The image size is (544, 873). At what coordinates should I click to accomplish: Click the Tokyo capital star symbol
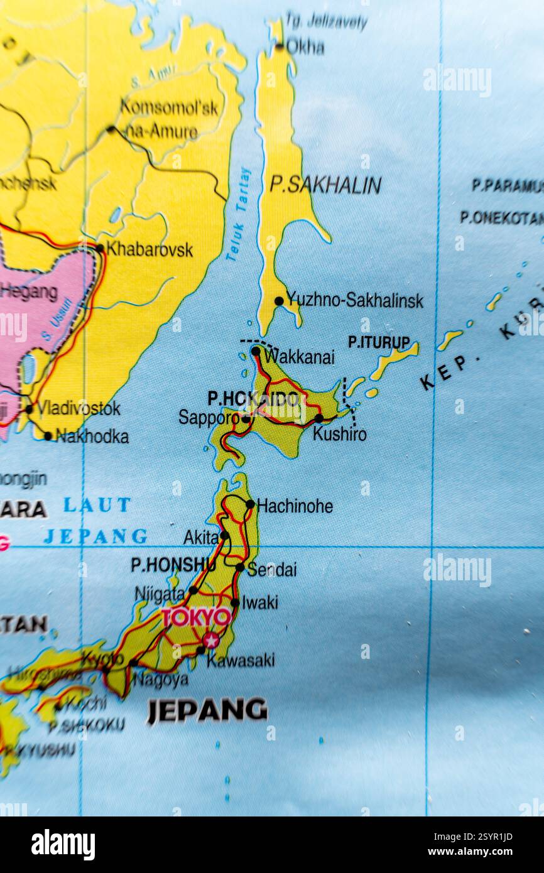click(x=211, y=639)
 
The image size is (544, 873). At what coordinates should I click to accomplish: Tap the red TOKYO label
click(x=197, y=617)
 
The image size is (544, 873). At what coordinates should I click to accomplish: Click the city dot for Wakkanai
click(x=256, y=351)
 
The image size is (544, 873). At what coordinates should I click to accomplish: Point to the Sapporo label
click(x=209, y=417)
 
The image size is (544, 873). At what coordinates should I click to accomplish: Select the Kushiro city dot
click(x=318, y=418)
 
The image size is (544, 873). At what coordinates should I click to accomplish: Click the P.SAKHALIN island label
click(x=325, y=185)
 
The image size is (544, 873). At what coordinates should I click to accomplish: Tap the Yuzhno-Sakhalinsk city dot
click(x=279, y=301)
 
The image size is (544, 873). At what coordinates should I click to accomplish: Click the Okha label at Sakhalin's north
click(x=305, y=47)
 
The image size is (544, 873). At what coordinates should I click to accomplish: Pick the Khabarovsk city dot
click(x=99, y=248)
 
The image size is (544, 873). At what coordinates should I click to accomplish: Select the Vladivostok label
click(x=79, y=408)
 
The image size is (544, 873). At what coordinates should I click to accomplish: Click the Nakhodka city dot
click(x=48, y=435)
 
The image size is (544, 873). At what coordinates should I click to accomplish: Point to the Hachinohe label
click(x=295, y=506)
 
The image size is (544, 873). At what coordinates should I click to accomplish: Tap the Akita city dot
click(x=224, y=536)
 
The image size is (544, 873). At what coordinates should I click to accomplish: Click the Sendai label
click(x=271, y=570)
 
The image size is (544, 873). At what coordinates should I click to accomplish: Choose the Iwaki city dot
click(x=234, y=602)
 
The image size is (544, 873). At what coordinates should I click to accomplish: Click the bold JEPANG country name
click(x=207, y=710)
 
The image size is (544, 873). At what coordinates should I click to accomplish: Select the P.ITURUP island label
click(x=379, y=342)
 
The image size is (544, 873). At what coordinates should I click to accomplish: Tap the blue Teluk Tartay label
click(x=239, y=214)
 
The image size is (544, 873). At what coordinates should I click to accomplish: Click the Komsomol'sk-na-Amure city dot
click(x=111, y=129)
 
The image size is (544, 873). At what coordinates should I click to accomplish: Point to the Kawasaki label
click(x=241, y=660)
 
